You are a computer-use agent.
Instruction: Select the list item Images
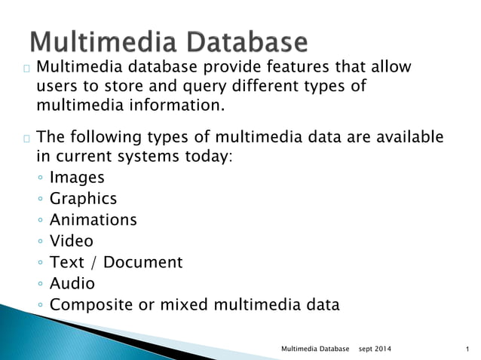(77, 178)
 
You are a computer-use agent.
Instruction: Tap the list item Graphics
(83, 199)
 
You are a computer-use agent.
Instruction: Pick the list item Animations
(93, 220)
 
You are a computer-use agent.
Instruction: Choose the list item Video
(71, 241)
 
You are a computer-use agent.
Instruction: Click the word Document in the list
(143, 262)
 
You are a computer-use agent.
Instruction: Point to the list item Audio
(72, 283)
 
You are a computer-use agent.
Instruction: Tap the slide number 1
(468, 349)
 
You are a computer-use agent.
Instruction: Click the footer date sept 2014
(373, 349)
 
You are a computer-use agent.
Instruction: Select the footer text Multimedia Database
(315, 349)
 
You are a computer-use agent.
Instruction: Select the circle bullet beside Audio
(39, 285)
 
